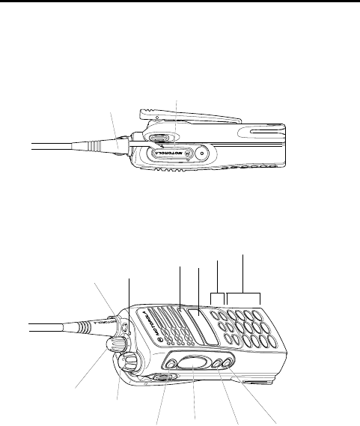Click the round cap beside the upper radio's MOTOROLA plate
(200, 153)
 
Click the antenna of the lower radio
(60, 325)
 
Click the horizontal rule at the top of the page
(180, 2)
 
